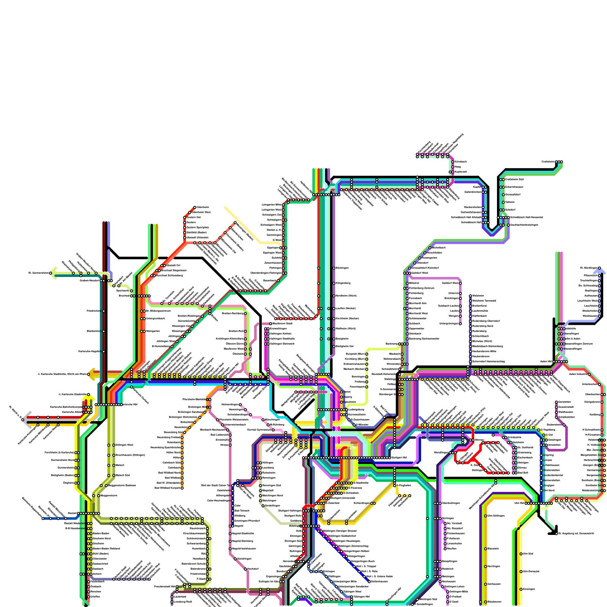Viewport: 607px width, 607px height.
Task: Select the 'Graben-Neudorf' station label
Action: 90,280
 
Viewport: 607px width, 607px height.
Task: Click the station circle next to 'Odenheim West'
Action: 190,212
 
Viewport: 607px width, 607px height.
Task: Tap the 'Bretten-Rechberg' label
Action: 233,313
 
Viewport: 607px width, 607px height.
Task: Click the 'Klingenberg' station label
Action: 343,283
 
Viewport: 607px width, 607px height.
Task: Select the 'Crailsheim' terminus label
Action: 548,162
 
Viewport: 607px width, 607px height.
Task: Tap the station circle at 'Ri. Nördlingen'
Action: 599,268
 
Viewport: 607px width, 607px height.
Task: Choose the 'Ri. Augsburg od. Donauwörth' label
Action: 577,533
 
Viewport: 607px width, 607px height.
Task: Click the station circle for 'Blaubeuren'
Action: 486,602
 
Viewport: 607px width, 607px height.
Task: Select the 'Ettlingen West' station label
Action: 124,445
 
